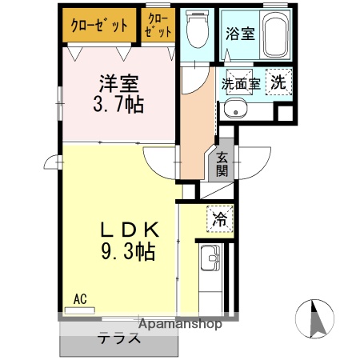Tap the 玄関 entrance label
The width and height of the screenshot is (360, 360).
pos(221,164)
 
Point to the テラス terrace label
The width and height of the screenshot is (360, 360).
pos(120,338)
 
